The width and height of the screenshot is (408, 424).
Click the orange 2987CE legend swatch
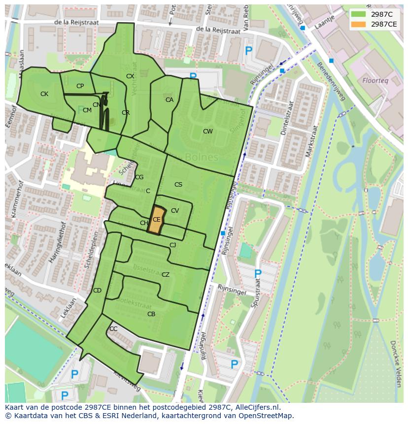[x=359, y=24]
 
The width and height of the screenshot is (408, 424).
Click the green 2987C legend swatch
[x=359, y=14]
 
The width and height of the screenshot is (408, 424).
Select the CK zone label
[x=44, y=94]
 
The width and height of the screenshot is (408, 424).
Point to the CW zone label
[x=208, y=131]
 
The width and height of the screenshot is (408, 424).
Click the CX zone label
[x=130, y=76]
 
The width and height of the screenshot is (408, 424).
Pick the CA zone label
[x=170, y=100]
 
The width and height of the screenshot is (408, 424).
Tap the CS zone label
[x=178, y=185]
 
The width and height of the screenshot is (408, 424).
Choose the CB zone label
[x=151, y=314]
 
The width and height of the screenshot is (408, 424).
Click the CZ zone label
[x=166, y=275]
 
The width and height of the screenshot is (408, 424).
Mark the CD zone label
[x=97, y=291]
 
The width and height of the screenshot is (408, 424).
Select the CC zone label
[x=113, y=329]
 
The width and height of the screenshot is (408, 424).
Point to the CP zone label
[x=80, y=86]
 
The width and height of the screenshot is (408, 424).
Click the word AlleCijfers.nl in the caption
[x=256, y=407]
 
